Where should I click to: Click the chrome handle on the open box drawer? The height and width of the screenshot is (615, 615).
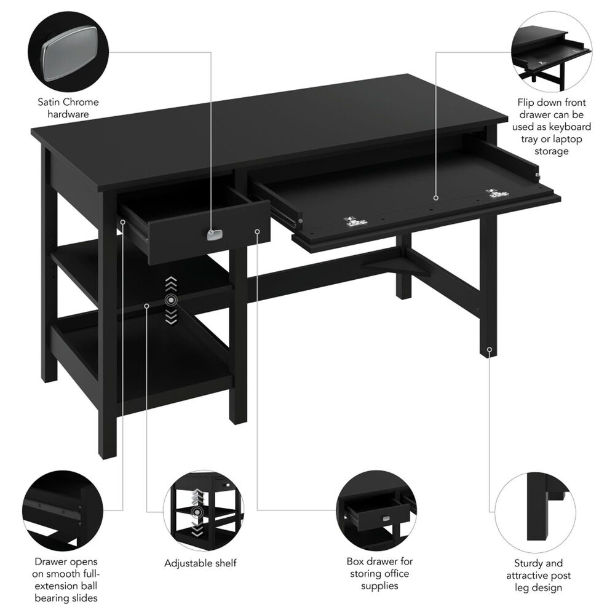coord(214,234)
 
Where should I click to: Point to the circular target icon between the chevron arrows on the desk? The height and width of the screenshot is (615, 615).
coord(171,300)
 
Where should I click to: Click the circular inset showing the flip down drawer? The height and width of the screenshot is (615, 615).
coord(550,52)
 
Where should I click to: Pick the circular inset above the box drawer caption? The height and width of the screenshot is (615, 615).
coord(376,507)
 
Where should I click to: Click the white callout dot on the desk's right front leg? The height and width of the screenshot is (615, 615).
coord(490,350)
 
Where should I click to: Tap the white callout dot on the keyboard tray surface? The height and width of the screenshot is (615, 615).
coord(435,198)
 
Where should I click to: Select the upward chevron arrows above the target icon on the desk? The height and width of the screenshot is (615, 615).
coord(171,284)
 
